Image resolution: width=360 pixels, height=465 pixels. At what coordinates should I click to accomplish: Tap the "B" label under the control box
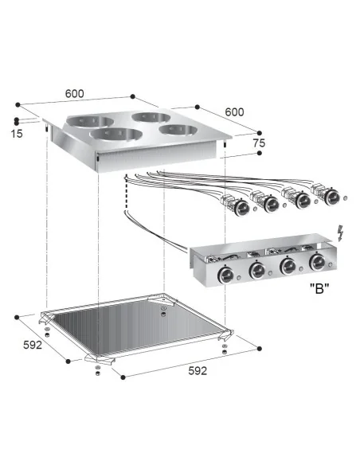pos(320,291)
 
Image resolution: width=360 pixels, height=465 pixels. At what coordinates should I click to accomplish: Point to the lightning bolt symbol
pos(342,232)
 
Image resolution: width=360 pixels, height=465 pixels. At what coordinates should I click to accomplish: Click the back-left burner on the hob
pos(84,121)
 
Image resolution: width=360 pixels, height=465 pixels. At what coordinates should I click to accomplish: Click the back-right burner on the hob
pos(150,117)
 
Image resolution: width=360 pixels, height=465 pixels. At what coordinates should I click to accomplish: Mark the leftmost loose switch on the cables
pos(238,205)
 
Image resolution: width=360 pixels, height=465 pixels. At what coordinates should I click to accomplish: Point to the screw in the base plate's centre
pos(162,311)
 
